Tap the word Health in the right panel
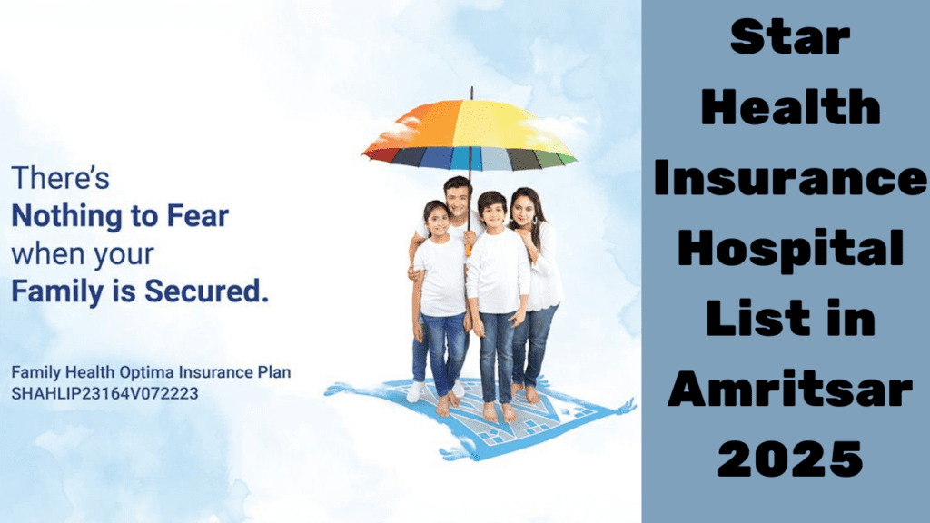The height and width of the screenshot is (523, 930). tap(786, 108)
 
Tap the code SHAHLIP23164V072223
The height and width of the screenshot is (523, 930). tap(104, 393)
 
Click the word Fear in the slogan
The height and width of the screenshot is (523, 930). tap(198, 217)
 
